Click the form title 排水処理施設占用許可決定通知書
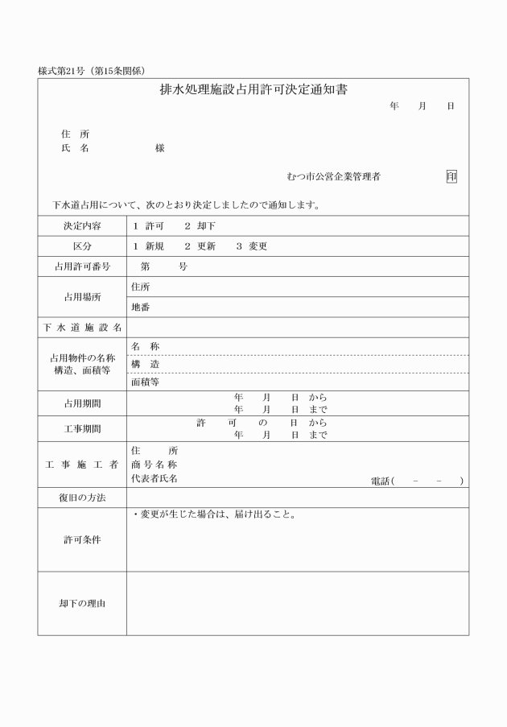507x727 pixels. pos(253,90)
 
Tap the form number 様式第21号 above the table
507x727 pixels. pos(60,71)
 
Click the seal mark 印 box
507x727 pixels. pos(451,176)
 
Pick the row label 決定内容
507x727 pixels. pos(82,226)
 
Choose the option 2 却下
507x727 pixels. pos(200,226)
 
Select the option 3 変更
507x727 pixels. pos(251,246)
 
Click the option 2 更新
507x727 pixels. pos(200,246)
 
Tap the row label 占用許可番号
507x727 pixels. pos(82,266)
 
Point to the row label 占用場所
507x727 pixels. pos(82,297)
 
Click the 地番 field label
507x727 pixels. pos(140,308)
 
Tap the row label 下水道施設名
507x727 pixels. pos(82,328)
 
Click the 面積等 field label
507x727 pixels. pos(145,382)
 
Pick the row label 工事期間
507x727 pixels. pos(82,429)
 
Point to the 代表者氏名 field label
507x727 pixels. pos(155,479)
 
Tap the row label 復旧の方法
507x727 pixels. pos(82,498)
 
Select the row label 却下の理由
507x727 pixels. pos(82,603)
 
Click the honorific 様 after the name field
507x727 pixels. pos(160,149)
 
